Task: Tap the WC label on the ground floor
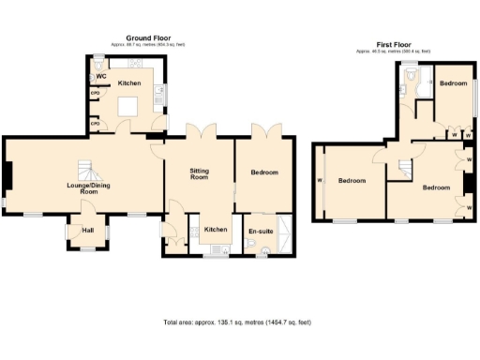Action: tap(100, 75)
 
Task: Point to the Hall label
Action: tap(88, 230)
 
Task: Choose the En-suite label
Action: tap(260, 230)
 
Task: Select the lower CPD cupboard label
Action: tap(96, 123)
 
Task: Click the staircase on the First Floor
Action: tap(406, 168)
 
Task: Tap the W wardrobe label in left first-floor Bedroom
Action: tap(321, 181)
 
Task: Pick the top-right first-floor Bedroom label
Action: tap(454, 84)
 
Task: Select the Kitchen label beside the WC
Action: tap(129, 84)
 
